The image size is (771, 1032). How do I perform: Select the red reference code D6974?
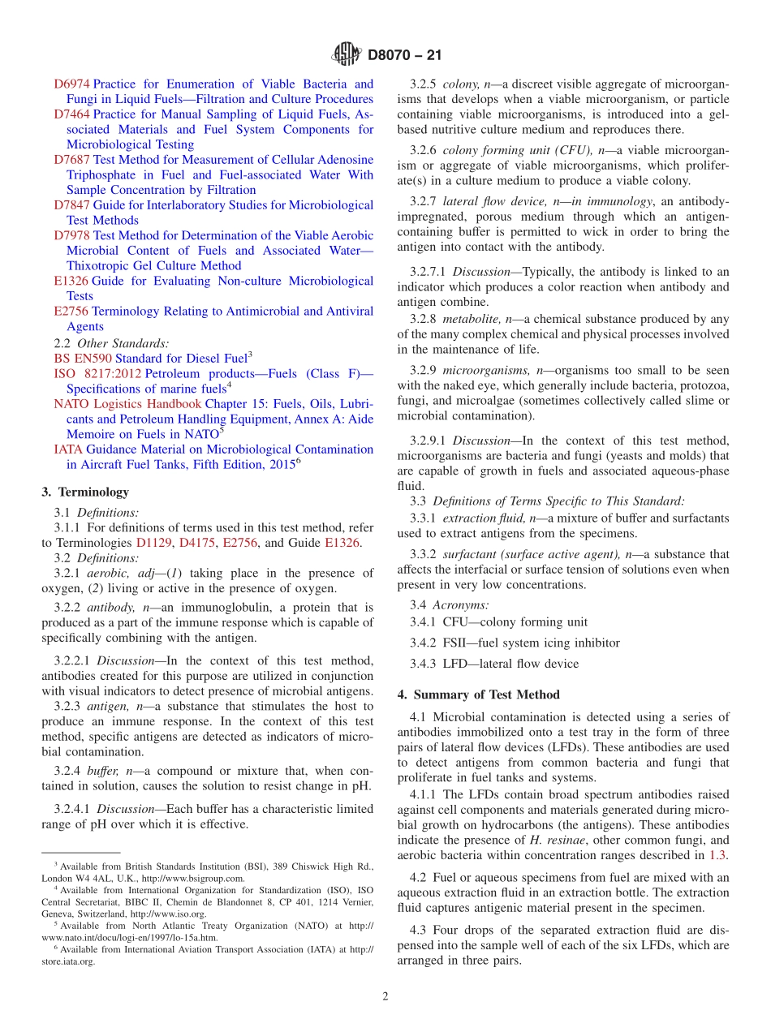71,84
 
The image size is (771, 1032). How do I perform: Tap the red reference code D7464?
71,114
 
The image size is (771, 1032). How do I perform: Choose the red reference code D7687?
71,160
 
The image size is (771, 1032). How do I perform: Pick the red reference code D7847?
71,205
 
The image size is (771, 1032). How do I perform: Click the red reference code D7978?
71,235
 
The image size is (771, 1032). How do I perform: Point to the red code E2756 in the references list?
71,312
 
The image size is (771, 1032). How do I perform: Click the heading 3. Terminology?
85,492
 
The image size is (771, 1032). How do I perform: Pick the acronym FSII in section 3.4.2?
457,643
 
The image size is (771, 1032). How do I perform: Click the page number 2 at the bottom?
385,997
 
